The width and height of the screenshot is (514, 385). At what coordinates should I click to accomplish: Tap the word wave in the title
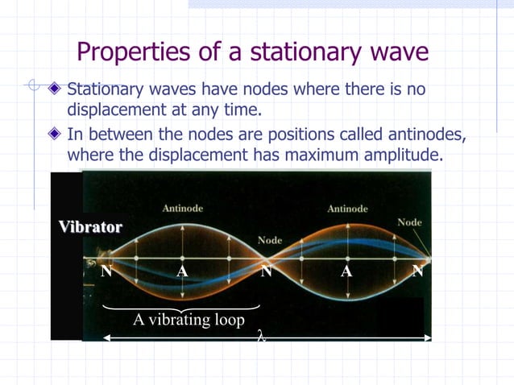[394, 53]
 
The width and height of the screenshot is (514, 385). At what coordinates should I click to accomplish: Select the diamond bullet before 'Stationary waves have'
[55, 88]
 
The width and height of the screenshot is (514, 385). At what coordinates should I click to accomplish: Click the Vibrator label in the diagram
[90, 227]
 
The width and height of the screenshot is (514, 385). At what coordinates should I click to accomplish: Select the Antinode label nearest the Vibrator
[183, 209]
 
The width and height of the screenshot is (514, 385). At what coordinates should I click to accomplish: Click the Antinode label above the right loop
[347, 209]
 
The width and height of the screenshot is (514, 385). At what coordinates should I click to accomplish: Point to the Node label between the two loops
[270, 240]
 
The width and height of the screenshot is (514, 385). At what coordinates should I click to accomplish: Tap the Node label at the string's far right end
[409, 221]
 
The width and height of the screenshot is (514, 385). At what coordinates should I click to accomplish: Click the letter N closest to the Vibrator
[106, 271]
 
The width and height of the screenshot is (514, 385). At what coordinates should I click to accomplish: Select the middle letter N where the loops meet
[266, 271]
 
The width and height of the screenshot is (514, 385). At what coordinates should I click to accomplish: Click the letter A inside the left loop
[183, 271]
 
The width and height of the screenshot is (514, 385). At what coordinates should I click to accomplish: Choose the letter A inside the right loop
[346, 271]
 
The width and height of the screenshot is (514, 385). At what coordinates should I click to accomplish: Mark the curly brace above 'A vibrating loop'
[182, 306]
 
